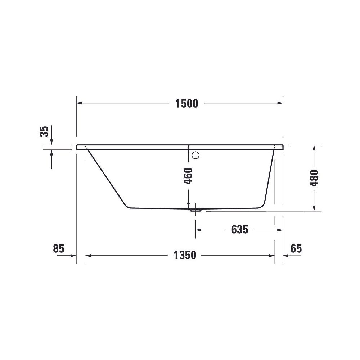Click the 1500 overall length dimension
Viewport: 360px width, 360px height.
click(x=186, y=104)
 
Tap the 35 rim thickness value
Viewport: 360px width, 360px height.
click(x=44, y=131)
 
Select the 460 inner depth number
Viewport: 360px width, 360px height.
click(x=188, y=176)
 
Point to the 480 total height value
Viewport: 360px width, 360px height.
click(x=314, y=178)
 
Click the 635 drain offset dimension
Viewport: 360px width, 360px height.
click(x=240, y=230)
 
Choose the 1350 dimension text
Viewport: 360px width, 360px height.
click(x=185, y=255)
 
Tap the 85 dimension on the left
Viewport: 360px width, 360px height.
click(x=59, y=248)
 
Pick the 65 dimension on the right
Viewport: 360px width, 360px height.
click(x=296, y=248)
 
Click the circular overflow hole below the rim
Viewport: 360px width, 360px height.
click(x=195, y=155)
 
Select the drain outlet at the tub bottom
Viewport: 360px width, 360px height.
click(x=195, y=210)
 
